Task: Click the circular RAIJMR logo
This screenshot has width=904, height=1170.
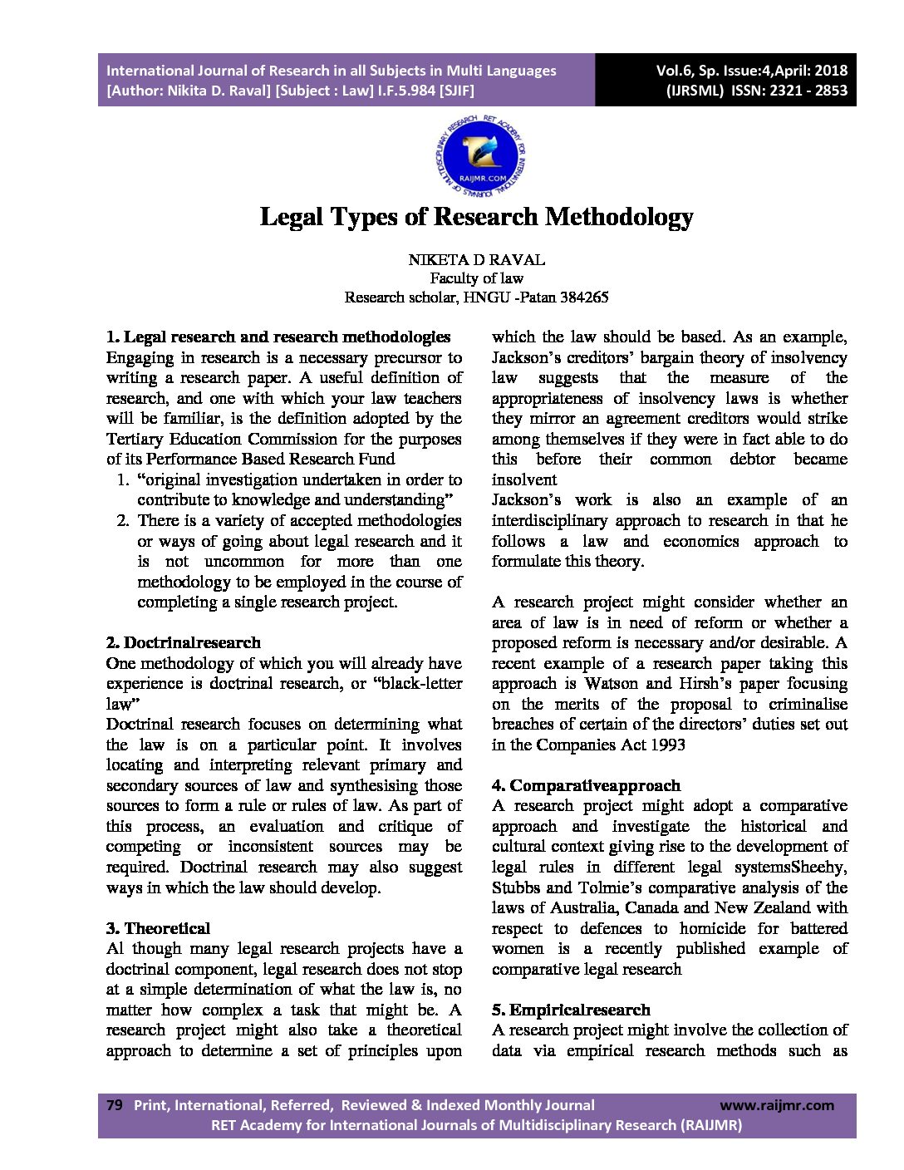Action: click(x=480, y=157)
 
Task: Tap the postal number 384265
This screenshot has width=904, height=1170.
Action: click(x=584, y=297)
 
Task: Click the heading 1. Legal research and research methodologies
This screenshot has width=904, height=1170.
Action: click(x=278, y=337)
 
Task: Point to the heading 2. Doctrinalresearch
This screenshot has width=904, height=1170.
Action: click(x=184, y=642)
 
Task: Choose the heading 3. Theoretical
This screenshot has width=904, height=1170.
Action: click(x=158, y=928)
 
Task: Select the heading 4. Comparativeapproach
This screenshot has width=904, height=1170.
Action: click(x=586, y=785)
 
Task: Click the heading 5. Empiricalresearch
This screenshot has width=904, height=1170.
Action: click(x=571, y=1010)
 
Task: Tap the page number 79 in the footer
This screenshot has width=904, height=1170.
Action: click(x=115, y=1104)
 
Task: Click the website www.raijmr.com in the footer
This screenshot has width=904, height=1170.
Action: click(x=776, y=1104)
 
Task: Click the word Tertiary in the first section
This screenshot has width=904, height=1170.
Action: click(x=135, y=439)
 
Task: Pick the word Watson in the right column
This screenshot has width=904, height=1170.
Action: click(x=612, y=683)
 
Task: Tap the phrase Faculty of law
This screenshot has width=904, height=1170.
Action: click(x=476, y=278)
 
